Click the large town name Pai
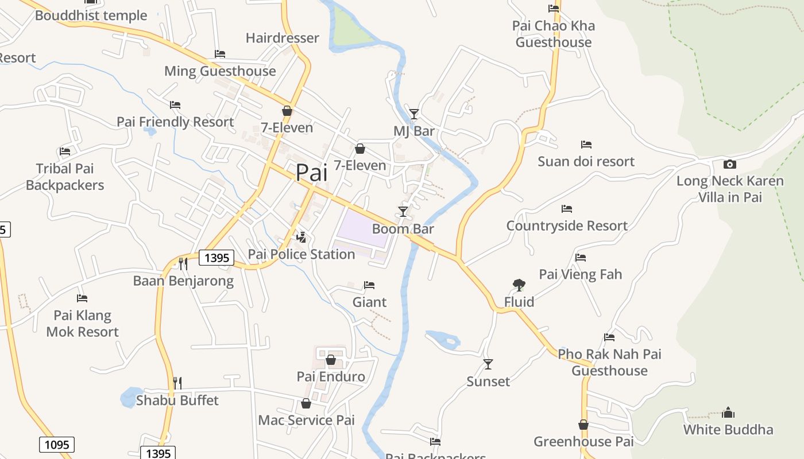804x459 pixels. coord(312,173)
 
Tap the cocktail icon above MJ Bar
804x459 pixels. coord(413,114)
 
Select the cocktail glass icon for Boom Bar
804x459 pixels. coord(403,212)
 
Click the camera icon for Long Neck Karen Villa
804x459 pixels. coord(729,164)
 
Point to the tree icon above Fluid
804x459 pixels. coord(519,285)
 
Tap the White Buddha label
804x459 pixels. coord(728,429)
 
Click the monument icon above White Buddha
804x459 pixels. coord(728,413)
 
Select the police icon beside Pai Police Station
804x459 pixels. coord(301,237)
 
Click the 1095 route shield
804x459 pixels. coord(57,444)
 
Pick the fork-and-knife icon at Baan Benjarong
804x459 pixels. coord(183,263)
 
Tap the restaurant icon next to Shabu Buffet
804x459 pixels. coord(177,383)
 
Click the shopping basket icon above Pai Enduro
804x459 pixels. coord(331,360)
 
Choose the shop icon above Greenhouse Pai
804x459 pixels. coord(583,425)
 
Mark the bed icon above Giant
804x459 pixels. coord(369,285)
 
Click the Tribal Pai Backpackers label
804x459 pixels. coord(65,177)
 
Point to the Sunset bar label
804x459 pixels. coord(488,382)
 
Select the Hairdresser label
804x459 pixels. coord(282,38)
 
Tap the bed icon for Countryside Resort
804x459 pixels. coord(567,209)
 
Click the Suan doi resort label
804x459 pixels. coord(586,161)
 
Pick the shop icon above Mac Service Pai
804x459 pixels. coord(306,403)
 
